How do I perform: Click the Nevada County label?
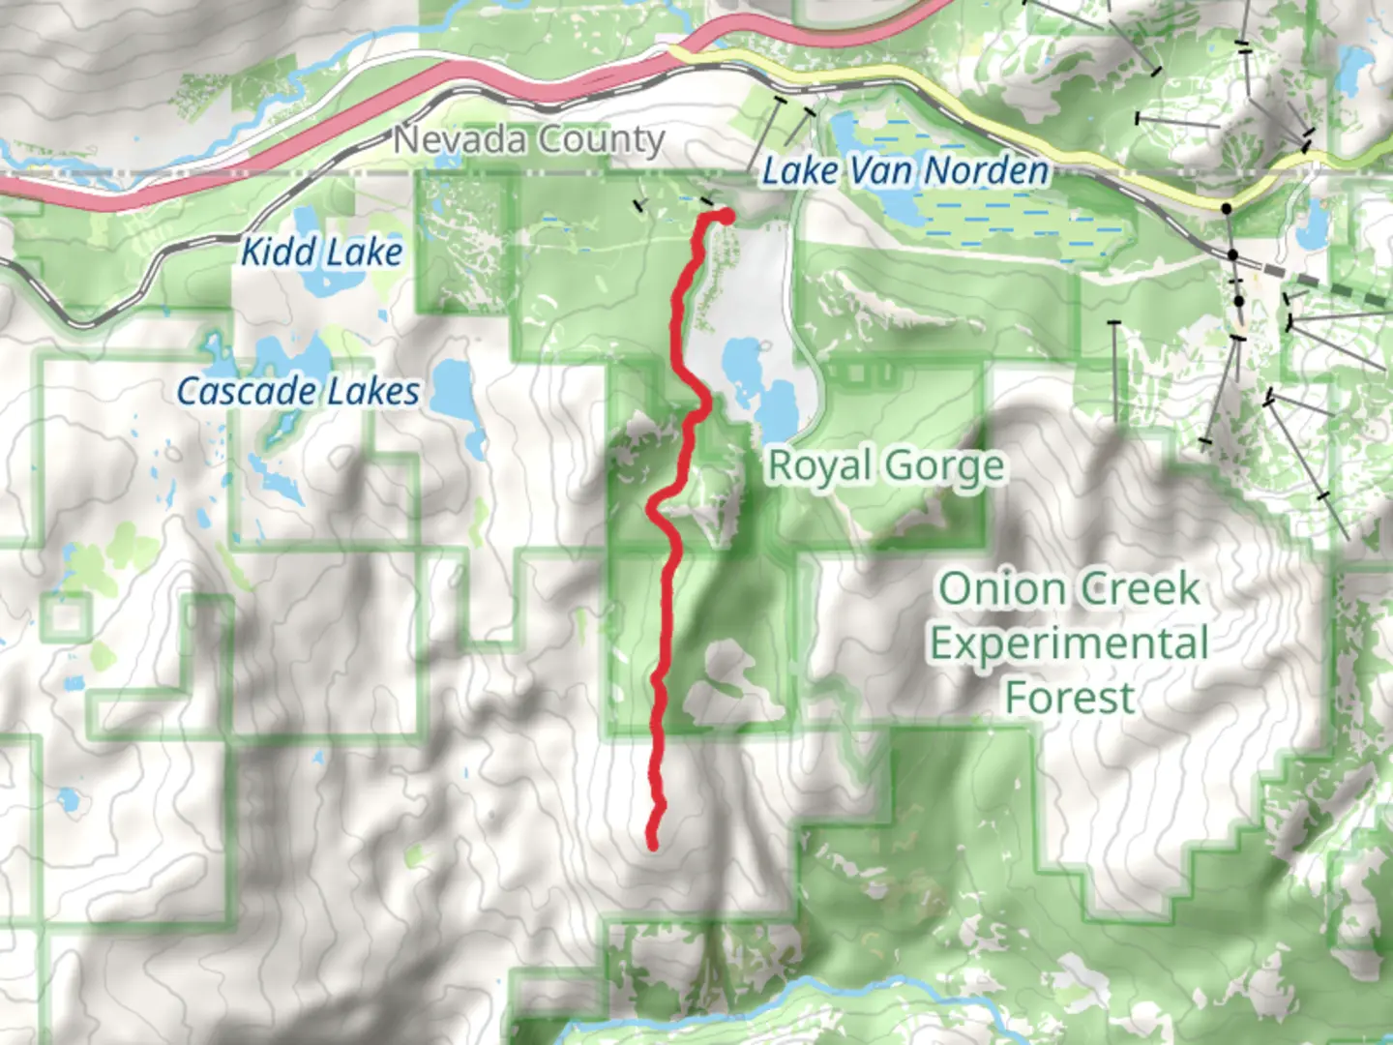pyautogui.click(x=528, y=140)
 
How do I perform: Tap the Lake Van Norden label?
pyautogui.click(x=904, y=172)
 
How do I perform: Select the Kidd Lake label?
pyautogui.click(x=320, y=253)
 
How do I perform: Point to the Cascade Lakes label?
pyautogui.click(x=298, y=392)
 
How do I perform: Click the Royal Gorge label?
pyautogui.click(x=885, y=466)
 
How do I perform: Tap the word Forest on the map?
pyautogui.click(x=1069, y=698)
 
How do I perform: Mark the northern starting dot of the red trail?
pyautogui.click(x=724, y=216)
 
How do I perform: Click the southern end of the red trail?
pyautogui.click(x=653, y=845)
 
